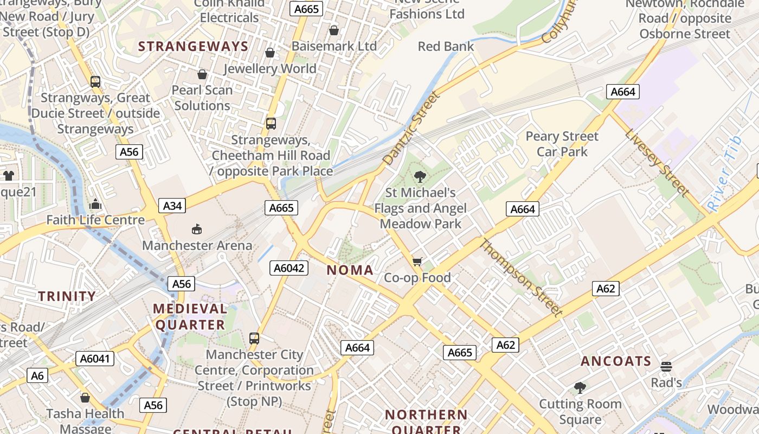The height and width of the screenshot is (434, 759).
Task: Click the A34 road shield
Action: coord(172,206)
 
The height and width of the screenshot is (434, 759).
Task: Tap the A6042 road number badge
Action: coord(290,267)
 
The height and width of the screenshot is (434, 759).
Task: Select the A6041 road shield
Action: coord(95,358)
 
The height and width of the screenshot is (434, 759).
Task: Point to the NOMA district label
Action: coord(350,270)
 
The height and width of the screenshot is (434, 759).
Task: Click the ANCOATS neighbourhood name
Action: coord(616,361)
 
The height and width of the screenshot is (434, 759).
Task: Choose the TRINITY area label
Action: coord(67,296)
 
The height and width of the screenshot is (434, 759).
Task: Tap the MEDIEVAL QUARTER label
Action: coord(189,317)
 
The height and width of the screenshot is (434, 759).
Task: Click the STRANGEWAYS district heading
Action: coord(193,47)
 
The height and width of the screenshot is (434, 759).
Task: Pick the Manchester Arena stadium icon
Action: coord(197,229)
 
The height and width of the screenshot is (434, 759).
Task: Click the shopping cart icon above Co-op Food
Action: coord(417,262)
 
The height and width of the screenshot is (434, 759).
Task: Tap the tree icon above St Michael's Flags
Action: coord(420,176)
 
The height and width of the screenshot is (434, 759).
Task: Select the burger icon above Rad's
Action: coord(666,367)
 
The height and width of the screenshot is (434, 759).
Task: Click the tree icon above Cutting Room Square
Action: coord(580,387)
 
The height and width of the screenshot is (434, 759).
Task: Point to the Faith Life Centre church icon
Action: coord(95,204)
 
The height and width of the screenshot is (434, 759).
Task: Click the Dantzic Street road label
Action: coord(410,129)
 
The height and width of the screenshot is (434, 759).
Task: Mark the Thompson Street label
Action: coord(520,277)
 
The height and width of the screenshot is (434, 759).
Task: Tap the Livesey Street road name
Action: coord(657,163)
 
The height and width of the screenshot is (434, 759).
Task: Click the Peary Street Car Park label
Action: coord(562,144)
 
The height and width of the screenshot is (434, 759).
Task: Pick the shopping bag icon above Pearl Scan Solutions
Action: coord(202,74)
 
